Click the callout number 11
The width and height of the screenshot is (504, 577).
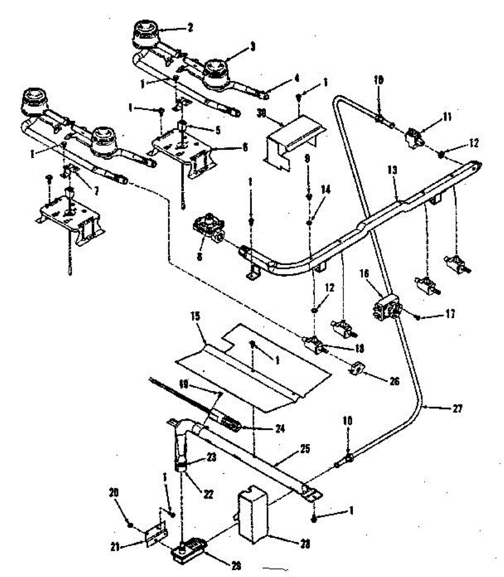click(x=448, y=117)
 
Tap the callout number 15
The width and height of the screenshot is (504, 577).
click(x=209, y=318)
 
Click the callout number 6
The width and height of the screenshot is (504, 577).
click(x=245, y=148)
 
